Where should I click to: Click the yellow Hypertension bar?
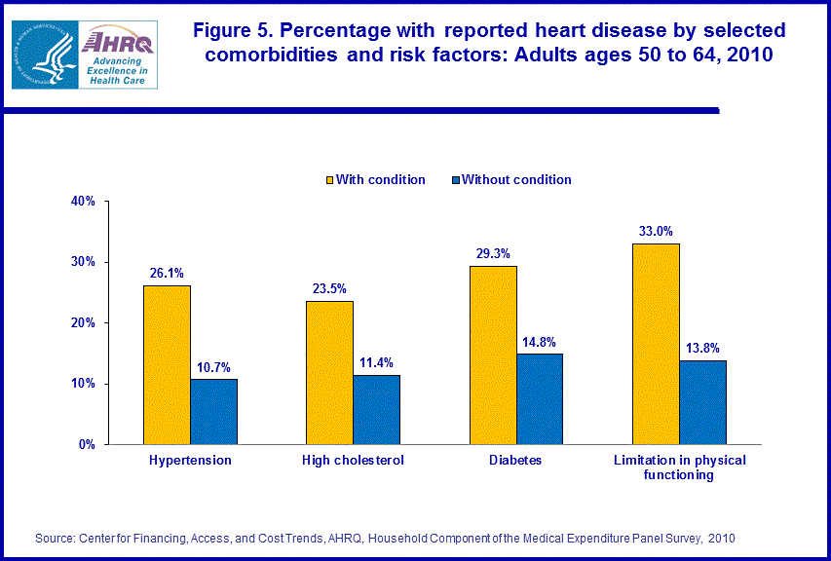(167, 364)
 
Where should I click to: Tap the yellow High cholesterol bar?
(329, 372)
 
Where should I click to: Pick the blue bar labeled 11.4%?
(376, 409)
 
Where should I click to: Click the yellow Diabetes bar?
(493, 355)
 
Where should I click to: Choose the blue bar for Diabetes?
(540, 398)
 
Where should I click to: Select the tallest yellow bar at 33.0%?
(656, 343)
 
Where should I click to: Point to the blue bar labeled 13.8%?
(702, 401)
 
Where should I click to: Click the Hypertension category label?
(190, 460)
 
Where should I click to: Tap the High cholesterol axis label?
(353, 460)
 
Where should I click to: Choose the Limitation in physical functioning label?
(678, 467)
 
